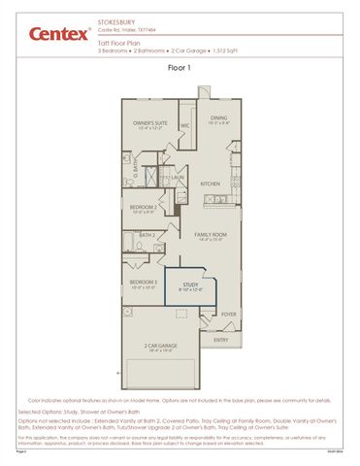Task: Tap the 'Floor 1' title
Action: click(180, 68)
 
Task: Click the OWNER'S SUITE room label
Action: click(150, 123)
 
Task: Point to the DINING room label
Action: click(218, 117)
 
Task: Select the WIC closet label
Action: click(184, 125)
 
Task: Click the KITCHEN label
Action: click(211, 183)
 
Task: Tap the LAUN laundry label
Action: click(180, 178)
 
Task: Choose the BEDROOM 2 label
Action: click(144, 207)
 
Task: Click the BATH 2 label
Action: click(147, 234)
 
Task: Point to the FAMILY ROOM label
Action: click(210, 234)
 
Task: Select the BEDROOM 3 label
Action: click(144, 282)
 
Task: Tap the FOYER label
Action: click(228, 314)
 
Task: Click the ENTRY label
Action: click(221, 340)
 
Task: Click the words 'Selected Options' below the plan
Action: click(44, 411)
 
